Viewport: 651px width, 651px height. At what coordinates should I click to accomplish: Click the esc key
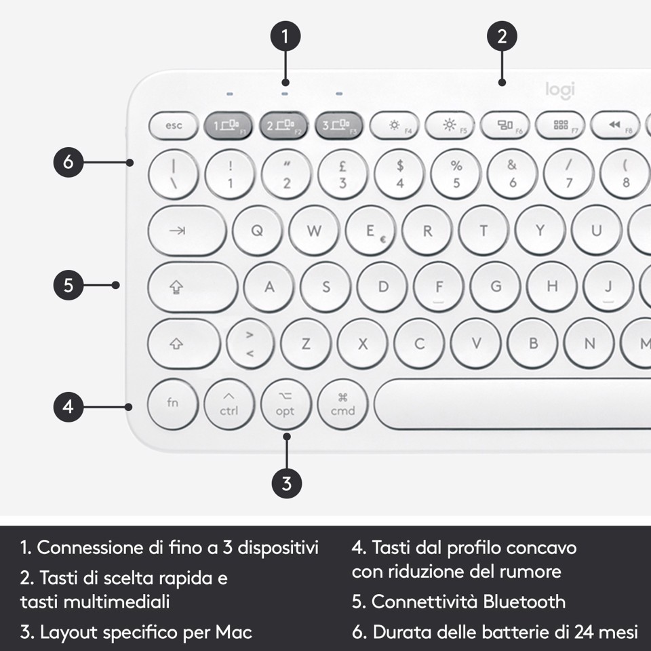click(174, 125)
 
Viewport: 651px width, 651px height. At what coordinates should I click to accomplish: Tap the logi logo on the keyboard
click(560, 90)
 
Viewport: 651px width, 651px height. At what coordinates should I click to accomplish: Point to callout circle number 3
click(286, 484)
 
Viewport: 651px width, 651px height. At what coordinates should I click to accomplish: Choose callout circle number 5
click(69, 285)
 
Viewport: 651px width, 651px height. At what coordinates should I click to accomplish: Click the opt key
click(285, 406)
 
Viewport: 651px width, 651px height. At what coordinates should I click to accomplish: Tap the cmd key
click(342, 406)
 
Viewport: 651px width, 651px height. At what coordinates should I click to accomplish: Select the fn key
click(173, 403)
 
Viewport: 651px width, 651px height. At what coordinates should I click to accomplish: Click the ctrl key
click(229, 406)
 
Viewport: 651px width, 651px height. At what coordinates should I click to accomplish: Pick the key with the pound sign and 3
click(343, 174)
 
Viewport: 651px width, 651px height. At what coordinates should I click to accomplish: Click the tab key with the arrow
click(186, 231)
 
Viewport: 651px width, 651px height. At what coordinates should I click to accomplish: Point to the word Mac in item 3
click(234, 633)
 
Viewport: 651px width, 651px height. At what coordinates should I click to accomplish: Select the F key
click(439, 287)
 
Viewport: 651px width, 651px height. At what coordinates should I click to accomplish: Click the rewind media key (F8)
click(616, 125)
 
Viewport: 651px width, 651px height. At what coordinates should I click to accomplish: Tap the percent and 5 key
click(456, 174)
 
